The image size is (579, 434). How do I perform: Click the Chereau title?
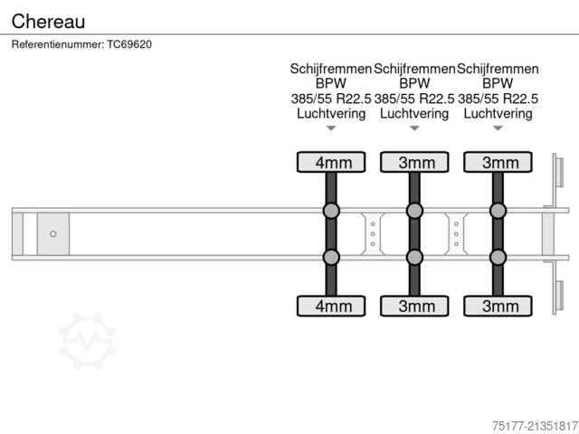click(48, 22)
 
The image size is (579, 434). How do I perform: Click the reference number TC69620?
click(129, 44)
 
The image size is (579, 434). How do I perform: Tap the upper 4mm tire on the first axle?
click(331, 162)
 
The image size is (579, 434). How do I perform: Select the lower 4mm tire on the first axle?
click(331, 306)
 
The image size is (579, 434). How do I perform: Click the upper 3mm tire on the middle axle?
click(414, 162)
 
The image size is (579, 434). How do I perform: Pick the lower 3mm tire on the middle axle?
click(414, 306)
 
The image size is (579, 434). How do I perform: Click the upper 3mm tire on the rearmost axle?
click(498, 162)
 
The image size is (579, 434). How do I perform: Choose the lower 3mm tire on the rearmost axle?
click(498, 306)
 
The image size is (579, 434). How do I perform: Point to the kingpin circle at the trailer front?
click(53, 234)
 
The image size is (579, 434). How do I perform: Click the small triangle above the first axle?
click(331, 128)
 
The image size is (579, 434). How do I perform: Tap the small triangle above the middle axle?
click(414, 128)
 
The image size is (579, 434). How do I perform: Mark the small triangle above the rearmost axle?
click(498, 128)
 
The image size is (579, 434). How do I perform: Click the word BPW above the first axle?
click(331, 83)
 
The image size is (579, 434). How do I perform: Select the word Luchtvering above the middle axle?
click(414, 113)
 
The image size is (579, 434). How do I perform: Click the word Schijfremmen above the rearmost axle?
click(498, 69)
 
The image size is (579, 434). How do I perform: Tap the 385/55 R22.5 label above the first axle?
click(331, 99)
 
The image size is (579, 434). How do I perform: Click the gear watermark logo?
click(88, 341)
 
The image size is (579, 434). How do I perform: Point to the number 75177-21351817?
click(535, 426)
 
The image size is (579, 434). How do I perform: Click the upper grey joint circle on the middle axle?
click(414, 211)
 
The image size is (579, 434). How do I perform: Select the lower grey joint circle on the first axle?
click(331, 257)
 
